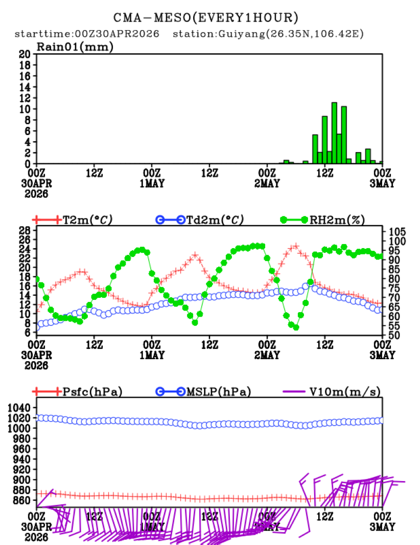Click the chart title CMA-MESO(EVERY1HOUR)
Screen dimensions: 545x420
click(x=205, y=17)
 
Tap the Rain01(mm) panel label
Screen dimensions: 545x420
click(x=75, y=47)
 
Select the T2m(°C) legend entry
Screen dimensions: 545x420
click(x=87, y=220)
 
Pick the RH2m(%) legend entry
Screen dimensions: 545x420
click(x=335, y=220)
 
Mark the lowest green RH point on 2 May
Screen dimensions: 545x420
click(x=296, y=327)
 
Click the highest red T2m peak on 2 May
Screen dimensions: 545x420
click(x=296, y=246)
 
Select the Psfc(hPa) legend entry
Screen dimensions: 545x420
click(x=92, y=392)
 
